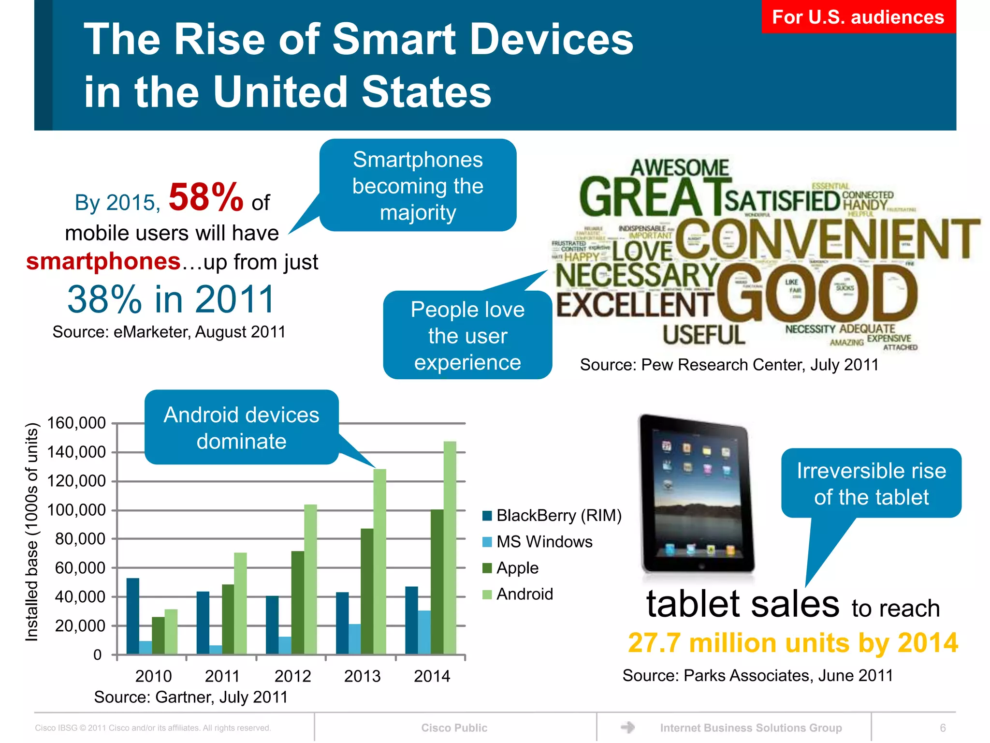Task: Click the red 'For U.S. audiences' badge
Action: [858, 17]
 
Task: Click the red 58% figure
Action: [205, 197]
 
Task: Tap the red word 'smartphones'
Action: [103, 261]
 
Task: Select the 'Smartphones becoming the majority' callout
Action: [418, 186]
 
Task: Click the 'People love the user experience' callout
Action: [467, 336]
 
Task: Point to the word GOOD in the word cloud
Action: [817, 293]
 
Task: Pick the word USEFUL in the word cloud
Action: [704, 335]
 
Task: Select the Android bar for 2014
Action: [450, 547]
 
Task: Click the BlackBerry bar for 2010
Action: [132, 616]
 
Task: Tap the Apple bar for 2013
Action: [367, 591]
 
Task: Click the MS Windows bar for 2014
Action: [424, 632]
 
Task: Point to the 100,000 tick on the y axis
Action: [76, 510]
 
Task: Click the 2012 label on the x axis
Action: [292, 676]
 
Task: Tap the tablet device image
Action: [696, 493]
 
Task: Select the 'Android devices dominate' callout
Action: [241, 428]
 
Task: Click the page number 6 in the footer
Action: [943, 728]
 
